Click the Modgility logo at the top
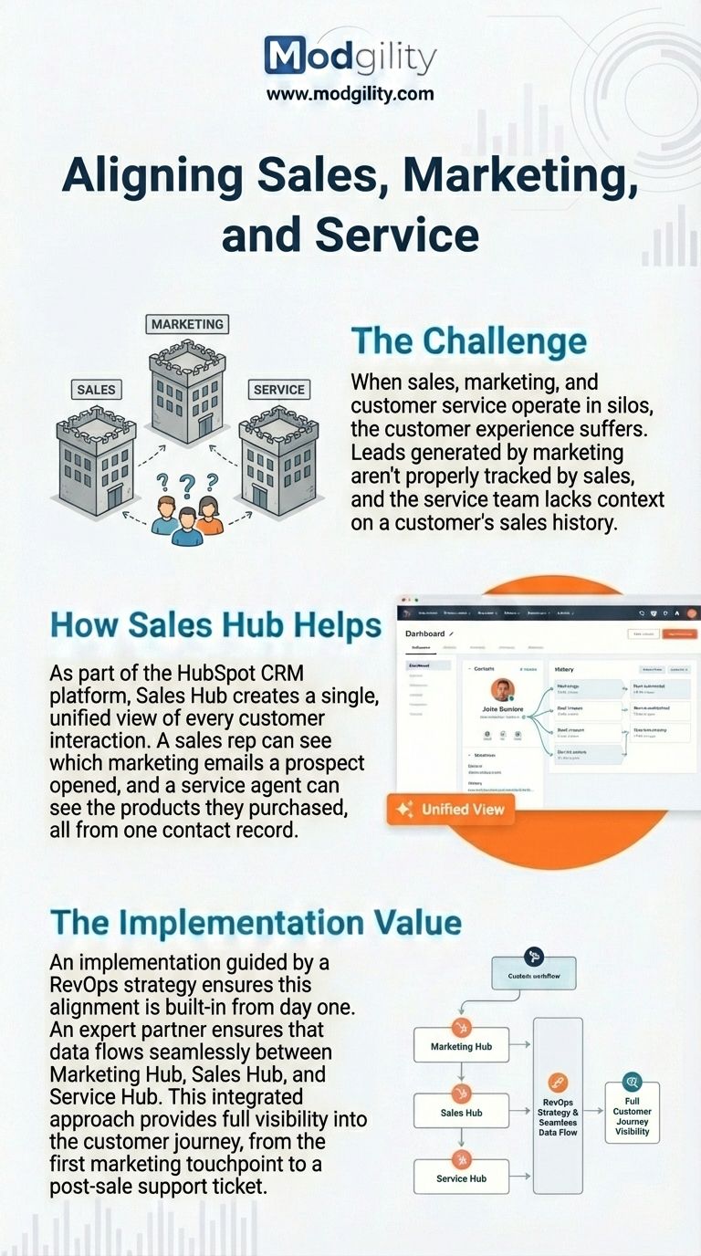point(350,57)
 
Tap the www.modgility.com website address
point(350,93)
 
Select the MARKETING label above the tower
point(187,324)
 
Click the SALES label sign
point(96,389)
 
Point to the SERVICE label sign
point(278,389)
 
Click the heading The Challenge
point(468,341)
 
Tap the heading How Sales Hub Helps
point(215,625)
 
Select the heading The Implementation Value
point(256,922)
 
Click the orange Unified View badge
point(451,809)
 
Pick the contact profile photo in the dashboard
point(503,689)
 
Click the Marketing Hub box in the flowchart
point(462,1046)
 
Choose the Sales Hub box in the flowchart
point(461,1113)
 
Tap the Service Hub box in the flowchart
point(461,1178)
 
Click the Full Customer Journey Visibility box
point(632,1112)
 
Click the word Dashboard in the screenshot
point(424,633)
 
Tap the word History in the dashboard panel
point(564,669)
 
